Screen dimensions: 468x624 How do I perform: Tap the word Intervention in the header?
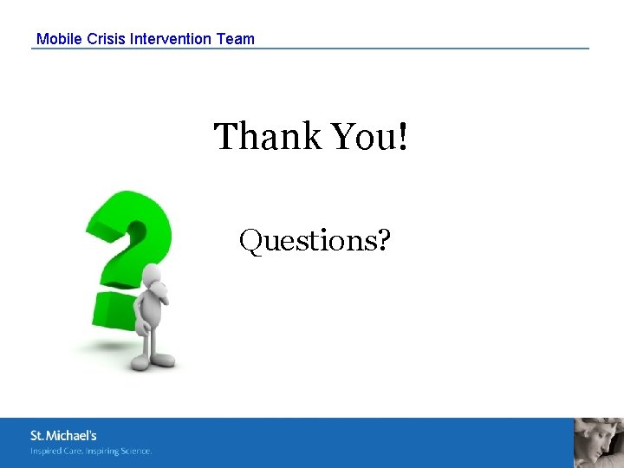(171, 39)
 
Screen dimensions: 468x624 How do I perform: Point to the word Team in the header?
(236, 39)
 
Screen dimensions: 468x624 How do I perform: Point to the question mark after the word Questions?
(382, 240)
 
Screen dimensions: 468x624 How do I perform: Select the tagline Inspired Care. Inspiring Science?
(91, 451)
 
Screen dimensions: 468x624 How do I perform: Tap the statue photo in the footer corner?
(598, 443)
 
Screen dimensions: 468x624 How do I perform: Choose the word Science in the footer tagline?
(135, 451)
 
